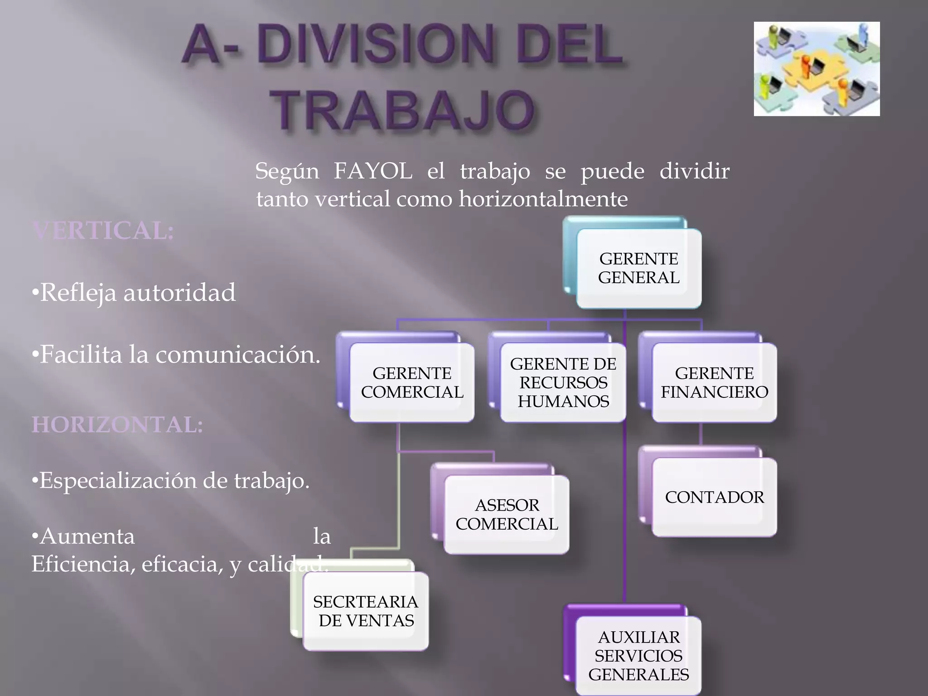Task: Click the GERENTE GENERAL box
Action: click(x=638, y=268)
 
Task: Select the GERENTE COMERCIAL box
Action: click(x=412, y=383)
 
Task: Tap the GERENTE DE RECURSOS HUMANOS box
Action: click(x=563, y=383)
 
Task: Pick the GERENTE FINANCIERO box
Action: click(x=714, y=383)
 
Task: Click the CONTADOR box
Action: click(x=714, y=497)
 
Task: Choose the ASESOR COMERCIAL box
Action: click(x=507, y=514)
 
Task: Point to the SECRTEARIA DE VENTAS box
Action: click(x=366, y=611)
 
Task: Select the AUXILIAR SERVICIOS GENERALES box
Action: click(x=638, y=656)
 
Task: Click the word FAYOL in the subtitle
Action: click(x=373, y=171)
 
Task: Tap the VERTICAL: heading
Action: click(x=103, y=230)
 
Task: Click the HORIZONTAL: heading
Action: click(x=117, y=425)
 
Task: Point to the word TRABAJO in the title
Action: click(x=405, y=111)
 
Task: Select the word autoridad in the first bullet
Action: click(x=179, y=292)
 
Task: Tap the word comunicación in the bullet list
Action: click(x=238, y=354)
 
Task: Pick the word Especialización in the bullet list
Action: click(x=118, y=480)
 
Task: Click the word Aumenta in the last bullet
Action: click(x=87, y=536)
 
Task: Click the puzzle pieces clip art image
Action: click(x=817, y=69)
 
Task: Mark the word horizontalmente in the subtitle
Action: click(x=543, y=199)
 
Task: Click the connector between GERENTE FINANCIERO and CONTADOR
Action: click(x=701, y=434)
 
